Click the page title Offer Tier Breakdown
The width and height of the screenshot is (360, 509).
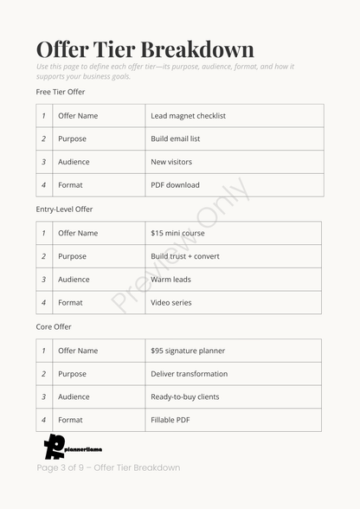[145, 48]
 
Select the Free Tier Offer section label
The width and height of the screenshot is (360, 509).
[61, 92]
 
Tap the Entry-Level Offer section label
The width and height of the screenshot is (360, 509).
[64, 209]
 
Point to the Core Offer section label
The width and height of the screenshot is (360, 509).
[54, 327]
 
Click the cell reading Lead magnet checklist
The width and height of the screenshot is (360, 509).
[188, 116]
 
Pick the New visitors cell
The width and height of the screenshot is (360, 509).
[171, 162]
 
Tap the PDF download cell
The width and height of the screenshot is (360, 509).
[175, 185]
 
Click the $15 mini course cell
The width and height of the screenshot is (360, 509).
[178, 234]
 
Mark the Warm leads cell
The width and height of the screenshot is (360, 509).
[170, 280]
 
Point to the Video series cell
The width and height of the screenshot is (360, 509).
[171, 303]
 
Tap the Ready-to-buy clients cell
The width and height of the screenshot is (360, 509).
[185, 397]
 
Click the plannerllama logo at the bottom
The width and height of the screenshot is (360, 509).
[66, 447]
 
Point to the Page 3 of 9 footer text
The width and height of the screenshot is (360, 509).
[108, 468]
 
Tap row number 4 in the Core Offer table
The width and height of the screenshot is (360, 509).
[43, 421]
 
